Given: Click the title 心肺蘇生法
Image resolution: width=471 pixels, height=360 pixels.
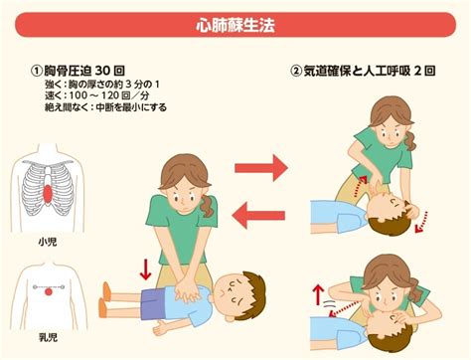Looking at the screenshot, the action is (235, 25).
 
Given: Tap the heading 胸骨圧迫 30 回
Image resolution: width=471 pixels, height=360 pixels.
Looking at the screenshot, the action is (84, 71).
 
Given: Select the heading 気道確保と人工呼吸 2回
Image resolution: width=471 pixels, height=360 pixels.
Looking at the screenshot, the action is (370, 71).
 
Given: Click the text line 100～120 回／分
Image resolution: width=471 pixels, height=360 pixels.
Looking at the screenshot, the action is (109, 95).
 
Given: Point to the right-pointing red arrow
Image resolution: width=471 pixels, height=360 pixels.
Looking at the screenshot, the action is (261, 168).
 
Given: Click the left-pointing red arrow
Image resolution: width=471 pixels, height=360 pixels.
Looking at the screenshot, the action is (258, 216).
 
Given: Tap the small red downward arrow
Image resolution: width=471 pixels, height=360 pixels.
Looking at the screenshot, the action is (145, 270).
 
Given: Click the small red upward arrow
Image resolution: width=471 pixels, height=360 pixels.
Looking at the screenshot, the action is (318, 294).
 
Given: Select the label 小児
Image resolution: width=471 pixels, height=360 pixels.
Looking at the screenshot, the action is (48, 242).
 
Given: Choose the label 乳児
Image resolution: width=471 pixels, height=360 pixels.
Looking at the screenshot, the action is (49, 337).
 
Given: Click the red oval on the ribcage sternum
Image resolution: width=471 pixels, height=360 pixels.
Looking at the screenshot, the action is (48, 195).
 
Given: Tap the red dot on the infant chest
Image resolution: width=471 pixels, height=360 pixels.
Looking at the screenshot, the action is (49, 292).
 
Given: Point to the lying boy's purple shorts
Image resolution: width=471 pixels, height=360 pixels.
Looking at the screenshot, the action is (153, 303).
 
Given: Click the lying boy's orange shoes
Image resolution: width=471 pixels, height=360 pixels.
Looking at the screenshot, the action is (104, 300).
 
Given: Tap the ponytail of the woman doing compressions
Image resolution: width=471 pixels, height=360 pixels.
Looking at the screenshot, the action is (207, 206).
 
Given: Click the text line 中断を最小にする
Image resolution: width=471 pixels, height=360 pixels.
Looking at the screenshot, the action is (131, 107).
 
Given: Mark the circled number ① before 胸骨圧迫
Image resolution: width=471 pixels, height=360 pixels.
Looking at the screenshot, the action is (37, 71).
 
